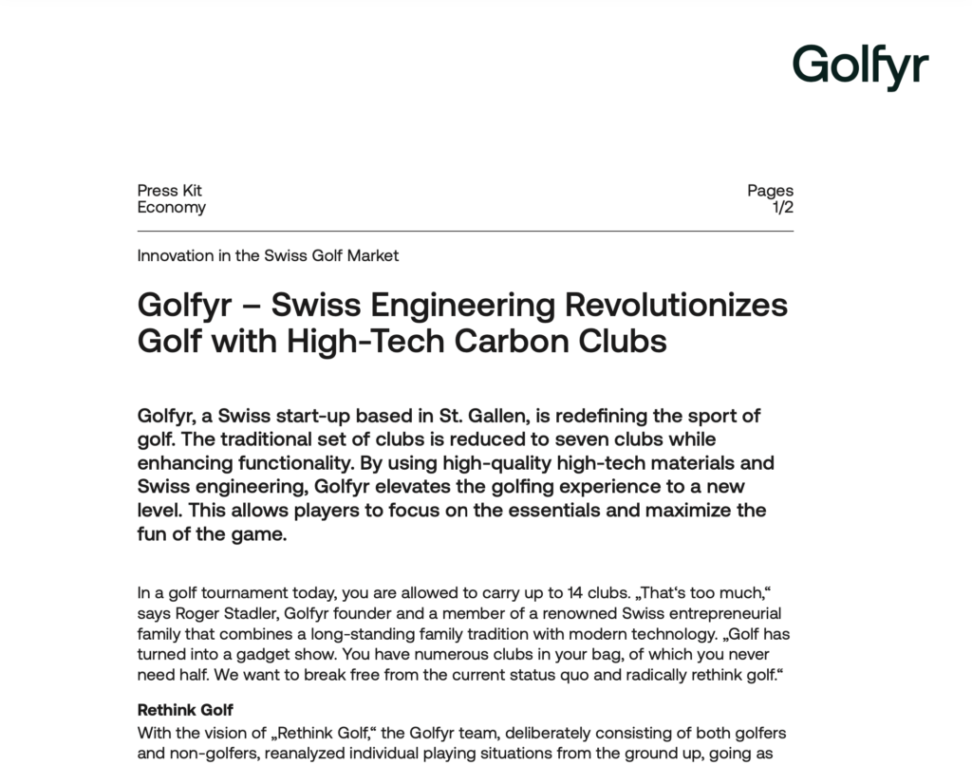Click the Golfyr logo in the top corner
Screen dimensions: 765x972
click(860, 66)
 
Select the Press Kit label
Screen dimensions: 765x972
click(169, 191)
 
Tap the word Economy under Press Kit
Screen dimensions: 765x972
click(171, 208)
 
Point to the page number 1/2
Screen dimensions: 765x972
click(783, 208)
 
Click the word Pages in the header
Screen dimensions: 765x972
click(770, 191)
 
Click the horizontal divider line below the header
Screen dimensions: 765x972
click(465, 231)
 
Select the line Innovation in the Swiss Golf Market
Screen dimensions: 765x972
click(268, 255)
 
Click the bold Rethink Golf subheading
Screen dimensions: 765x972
click(185, 710)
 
